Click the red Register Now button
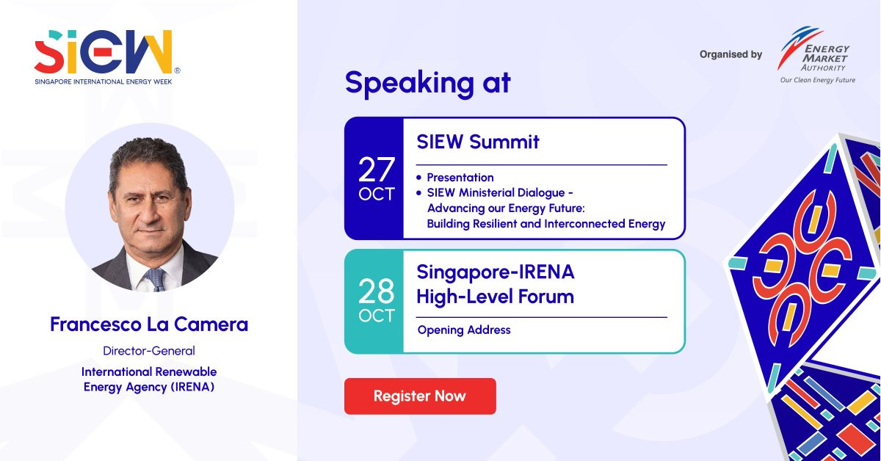click(x=420, y=396)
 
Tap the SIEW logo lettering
click(x=104, y=51)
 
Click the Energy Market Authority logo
click(x=815, y=55)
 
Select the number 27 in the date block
click(x=377, y=170)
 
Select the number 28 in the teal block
click(x=377, y=291)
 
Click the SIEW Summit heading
click(x=478, y=142)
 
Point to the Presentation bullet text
click(x=460, y=178)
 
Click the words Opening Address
click(x=464, y=330)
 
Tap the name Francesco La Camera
click(x=149, y=324)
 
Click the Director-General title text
click(x=149, y=350)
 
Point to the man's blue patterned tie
click(x=156, y=279)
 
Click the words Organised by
click(x=730, y=54)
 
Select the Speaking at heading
click(x=428, y=83)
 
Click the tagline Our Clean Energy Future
click(x=818, y=80)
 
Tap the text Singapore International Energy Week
click(x=104, y=81)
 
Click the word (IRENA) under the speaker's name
click(x=192, y=387)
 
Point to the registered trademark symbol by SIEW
click(x=177, y=70)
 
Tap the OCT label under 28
click(x=377, y=316)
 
